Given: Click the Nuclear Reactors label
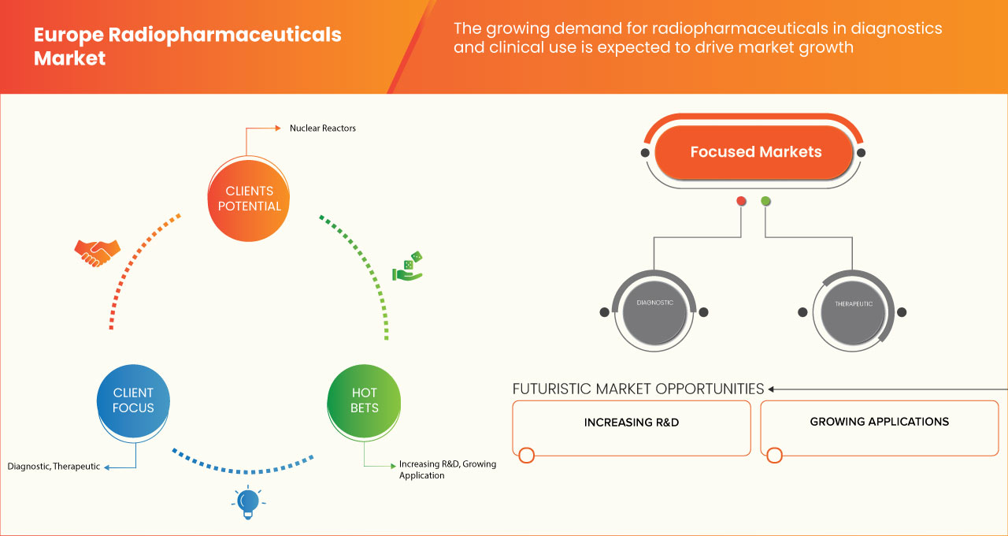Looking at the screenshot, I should [x=322, y=128].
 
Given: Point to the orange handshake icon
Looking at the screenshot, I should [x=98, y=253].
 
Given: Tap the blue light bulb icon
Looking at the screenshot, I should [x=249, y=502].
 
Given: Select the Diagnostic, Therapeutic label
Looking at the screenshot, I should [x=54, y=466].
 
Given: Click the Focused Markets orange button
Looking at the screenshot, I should [x=755, y=152].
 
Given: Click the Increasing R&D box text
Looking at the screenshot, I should [x=631, y=422].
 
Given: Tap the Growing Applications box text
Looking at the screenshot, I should [x=879, y=422].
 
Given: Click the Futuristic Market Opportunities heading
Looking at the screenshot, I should [x=638, y=389].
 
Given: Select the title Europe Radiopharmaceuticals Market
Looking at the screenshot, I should [x=187, y=47].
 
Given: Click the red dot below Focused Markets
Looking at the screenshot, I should [x=741, y=201].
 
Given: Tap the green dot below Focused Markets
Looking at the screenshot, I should [x=765, y=201].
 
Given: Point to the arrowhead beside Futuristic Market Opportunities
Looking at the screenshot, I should [x=772, y=389].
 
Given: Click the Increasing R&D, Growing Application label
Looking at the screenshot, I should [x=447, y=470].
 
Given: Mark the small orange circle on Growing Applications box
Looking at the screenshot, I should [x=774, y=455].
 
